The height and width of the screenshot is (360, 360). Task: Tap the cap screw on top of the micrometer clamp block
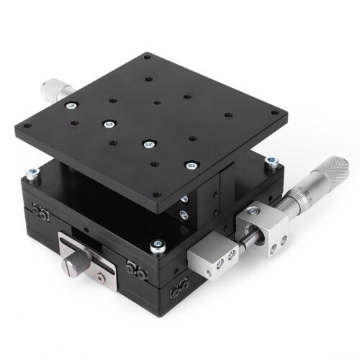pos(253,212)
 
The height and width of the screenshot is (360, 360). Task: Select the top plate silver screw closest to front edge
pos(190,165)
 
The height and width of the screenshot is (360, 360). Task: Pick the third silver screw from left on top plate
pos(148,143)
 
